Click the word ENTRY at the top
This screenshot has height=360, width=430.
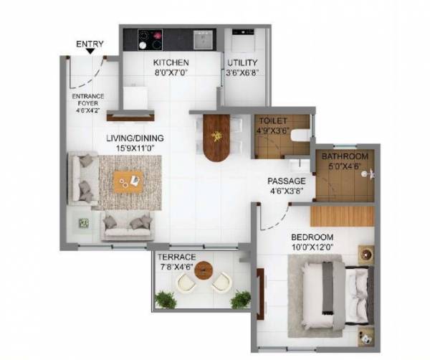click(90, 44)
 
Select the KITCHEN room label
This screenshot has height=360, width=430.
click(171, 62)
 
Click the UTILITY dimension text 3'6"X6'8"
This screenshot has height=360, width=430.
click(242, 72)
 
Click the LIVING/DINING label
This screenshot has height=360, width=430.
click(135, 138)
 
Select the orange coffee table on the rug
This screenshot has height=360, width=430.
click(129, 182)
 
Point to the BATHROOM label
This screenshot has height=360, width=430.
click(345, 156)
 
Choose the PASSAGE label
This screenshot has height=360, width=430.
click(287, 181)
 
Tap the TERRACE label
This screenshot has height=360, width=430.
click(177, 257)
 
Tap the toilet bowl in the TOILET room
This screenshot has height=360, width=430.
click(300, 134)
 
